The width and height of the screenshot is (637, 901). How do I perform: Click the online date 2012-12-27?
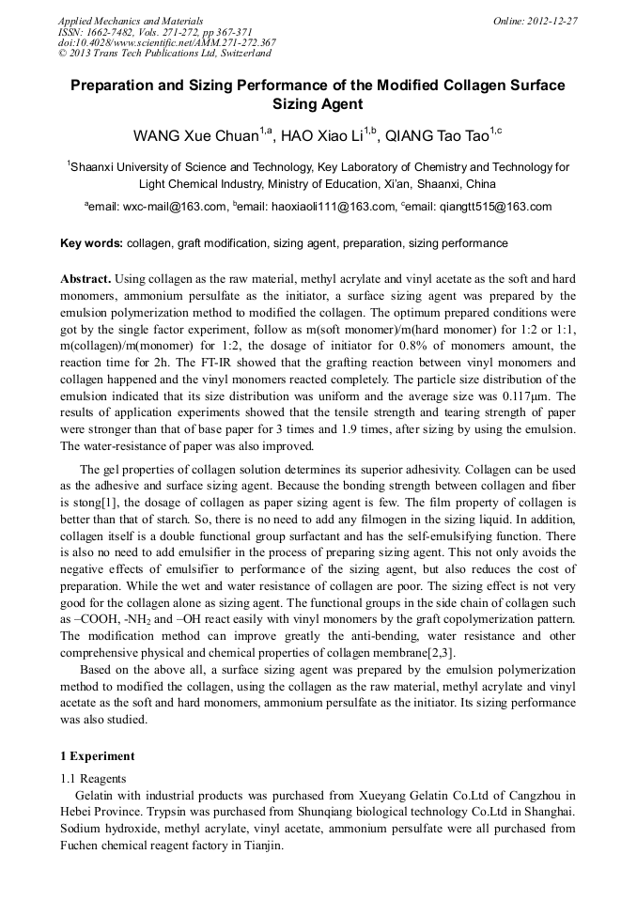pos(536,21)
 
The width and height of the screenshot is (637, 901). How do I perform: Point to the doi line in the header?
pos(166,42)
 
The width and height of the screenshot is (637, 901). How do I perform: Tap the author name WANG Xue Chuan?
pos(198,136)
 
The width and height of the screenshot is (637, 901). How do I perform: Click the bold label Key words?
pos(91,243)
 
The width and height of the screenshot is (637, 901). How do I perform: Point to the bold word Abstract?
pos(86,280)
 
